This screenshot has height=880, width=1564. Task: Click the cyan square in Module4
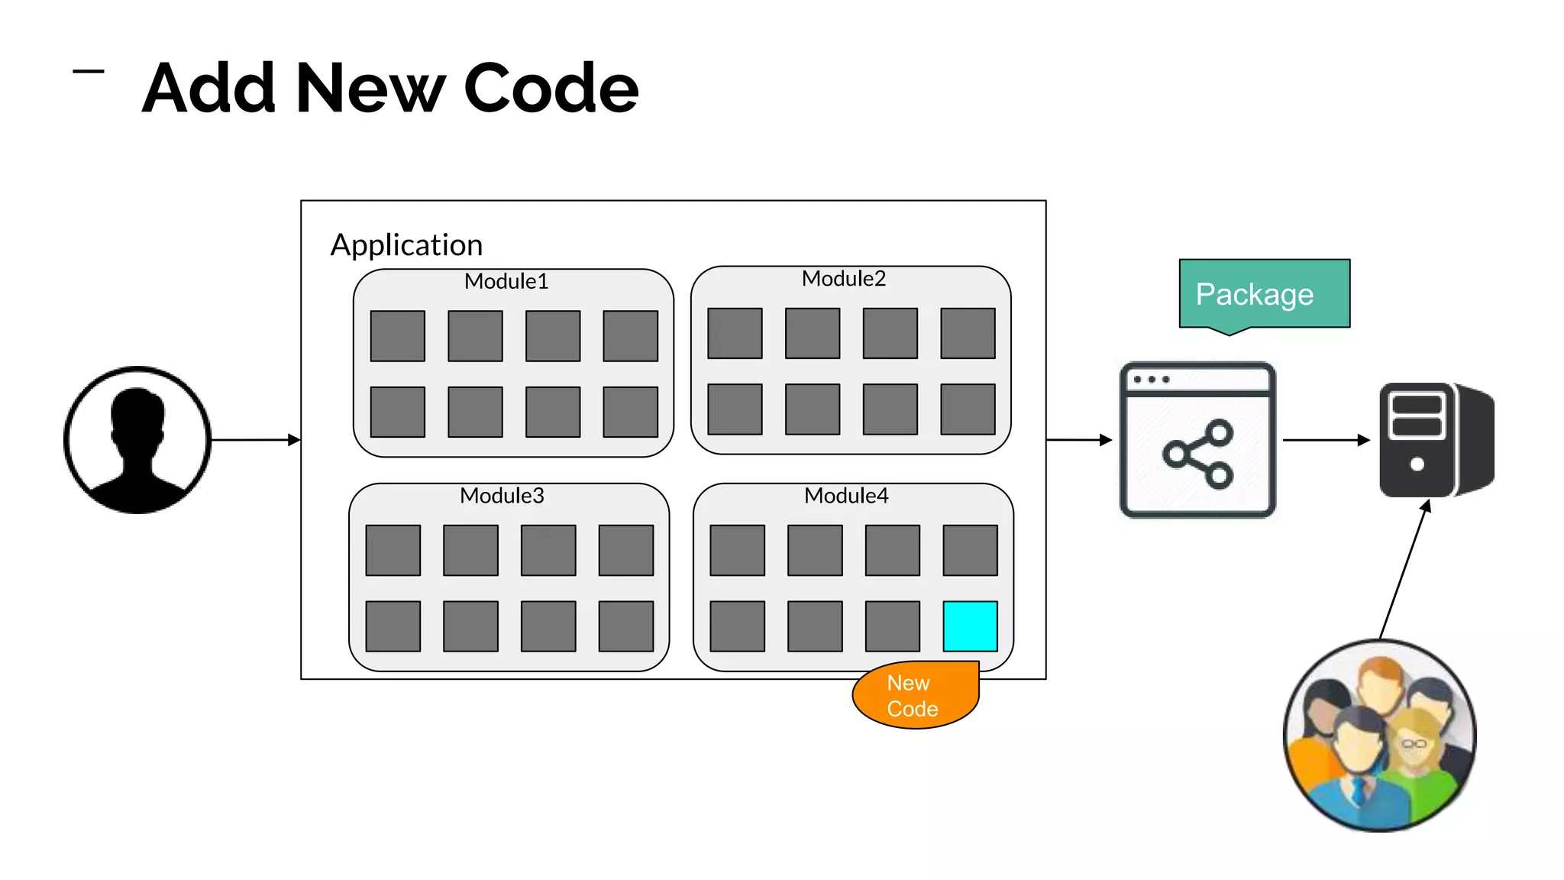(970, 626)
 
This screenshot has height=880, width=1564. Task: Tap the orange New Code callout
(914, 695)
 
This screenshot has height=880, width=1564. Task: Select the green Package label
(1264, 294)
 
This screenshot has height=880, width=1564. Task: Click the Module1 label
(506, 281)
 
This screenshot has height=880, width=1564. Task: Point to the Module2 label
(843, 279)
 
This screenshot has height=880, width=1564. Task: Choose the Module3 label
(502, 496)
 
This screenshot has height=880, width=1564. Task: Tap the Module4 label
(846, 496)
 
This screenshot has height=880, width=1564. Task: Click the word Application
(406, 245)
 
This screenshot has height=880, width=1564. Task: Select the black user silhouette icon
(137, 440)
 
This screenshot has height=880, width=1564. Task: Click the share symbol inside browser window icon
(1197, 454)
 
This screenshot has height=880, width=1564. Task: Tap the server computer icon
(1436, 440)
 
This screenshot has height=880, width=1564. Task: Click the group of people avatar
(1379, 735)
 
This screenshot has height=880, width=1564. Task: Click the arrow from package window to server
(1326, 440)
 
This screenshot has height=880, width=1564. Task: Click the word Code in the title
(551, 89)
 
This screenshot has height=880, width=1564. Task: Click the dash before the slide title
(88, 72)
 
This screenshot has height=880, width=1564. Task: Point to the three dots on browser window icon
(1152, 380)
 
